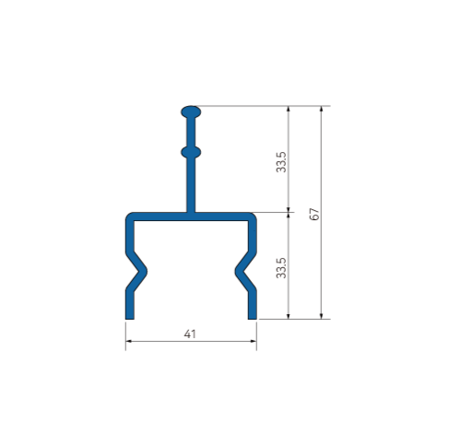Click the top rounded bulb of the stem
(191, 112)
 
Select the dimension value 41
(191, 333)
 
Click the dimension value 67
(313, 213)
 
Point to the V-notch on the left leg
(138, 272)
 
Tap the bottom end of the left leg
(129, 314)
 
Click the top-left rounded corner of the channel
(129, 217)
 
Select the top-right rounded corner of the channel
(253, 217)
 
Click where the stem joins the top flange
(191, 213)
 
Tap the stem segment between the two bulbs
(191, 131)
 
